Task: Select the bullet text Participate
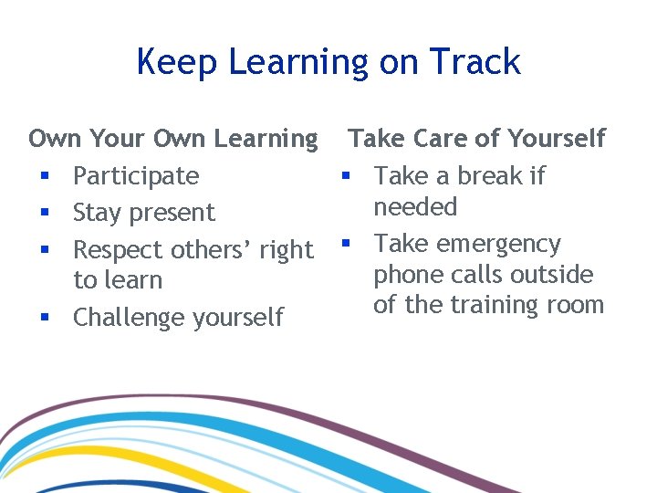click(x=135, y=175)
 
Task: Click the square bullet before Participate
click(x=43, y=175)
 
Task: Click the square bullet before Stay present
click(x=43, y=213)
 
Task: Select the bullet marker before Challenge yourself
click(x=43, y=318)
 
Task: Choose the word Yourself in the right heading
click(x=556, y=139)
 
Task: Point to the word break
click(x=481, y=175)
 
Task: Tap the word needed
click(x=415, y=207)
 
